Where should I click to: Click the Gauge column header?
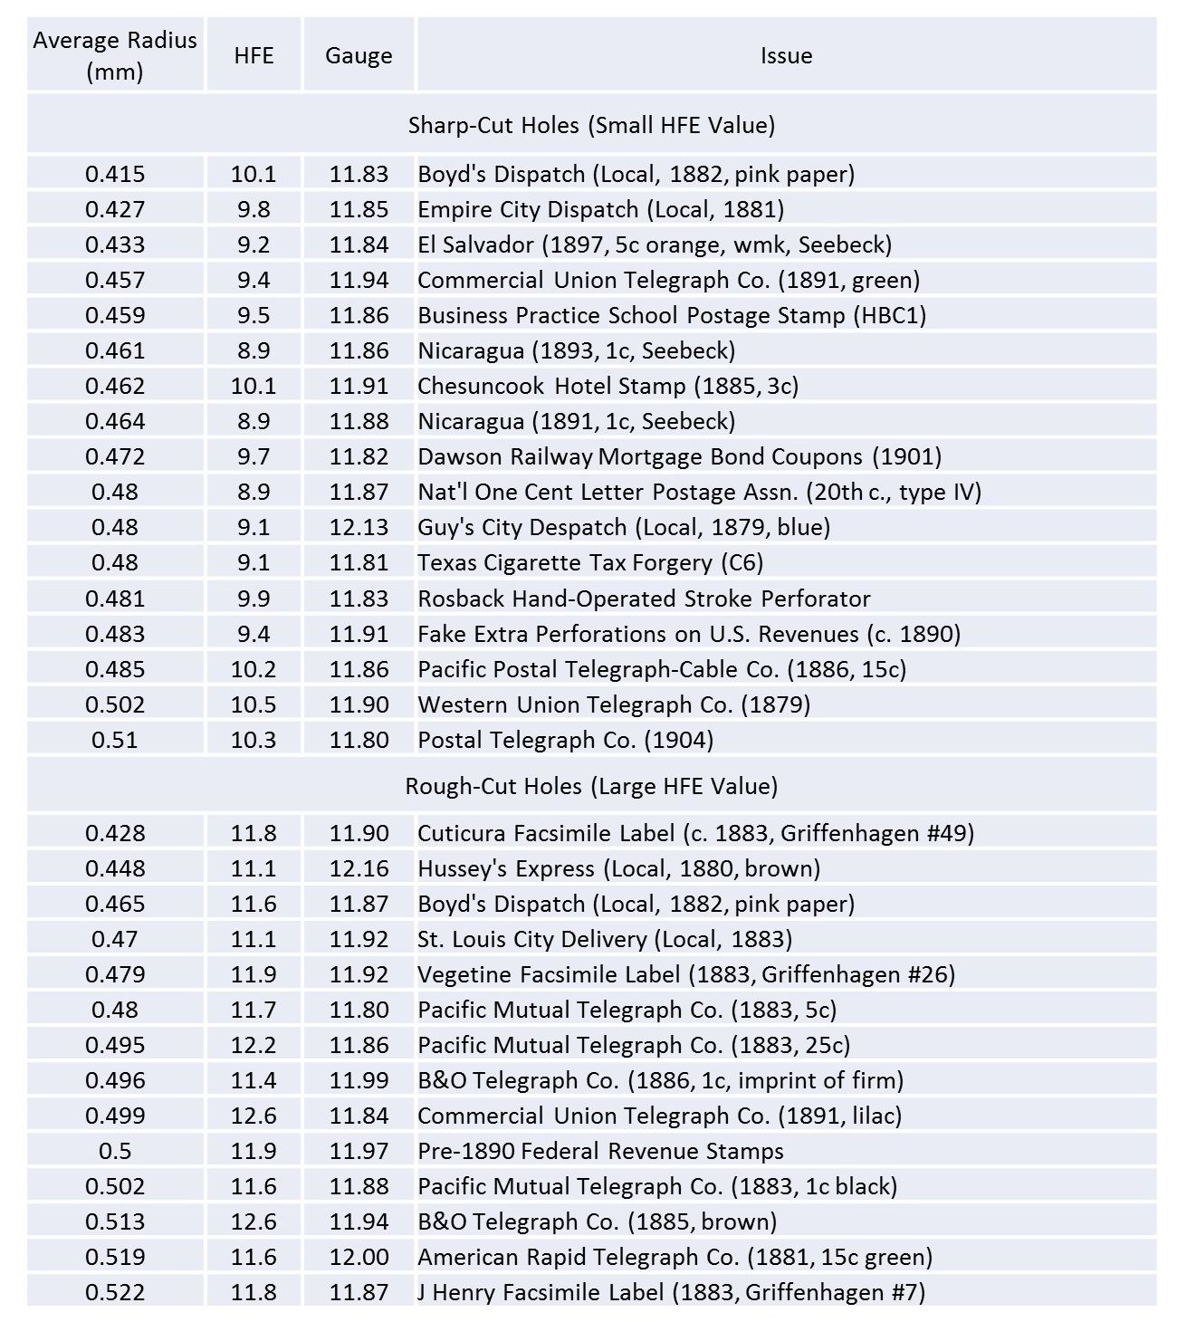(x=359, y=55)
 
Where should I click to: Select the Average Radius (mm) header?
(x=115, y=55)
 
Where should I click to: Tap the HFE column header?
(x=254, y=55)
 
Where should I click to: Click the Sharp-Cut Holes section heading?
(x=591, y=125)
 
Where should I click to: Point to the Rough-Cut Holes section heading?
(x=591, y=786)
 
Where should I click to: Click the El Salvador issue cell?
(x=654, y=244)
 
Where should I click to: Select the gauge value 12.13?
(x=359, y=527)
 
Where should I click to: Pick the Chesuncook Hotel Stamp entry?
(x=608, y=386)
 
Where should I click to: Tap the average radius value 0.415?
(x=115, y=174)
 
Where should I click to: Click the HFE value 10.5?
(x=254, y=704)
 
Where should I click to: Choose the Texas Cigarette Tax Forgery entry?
(x=589, y=562)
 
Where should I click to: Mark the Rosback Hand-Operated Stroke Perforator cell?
(x=643, y=599)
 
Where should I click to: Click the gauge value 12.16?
(x=359, y=868)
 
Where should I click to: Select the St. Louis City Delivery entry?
(x=604, y=939)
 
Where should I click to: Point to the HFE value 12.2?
(x=254, y=1045)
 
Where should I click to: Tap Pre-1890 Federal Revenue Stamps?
(x=600, y=1151)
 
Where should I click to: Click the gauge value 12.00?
(x=359, y=1257)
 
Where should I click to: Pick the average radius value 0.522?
(x=115, y=1292)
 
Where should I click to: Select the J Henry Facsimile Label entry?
(x=671, y=1292)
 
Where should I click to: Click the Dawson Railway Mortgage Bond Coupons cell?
(x=679, y=456)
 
